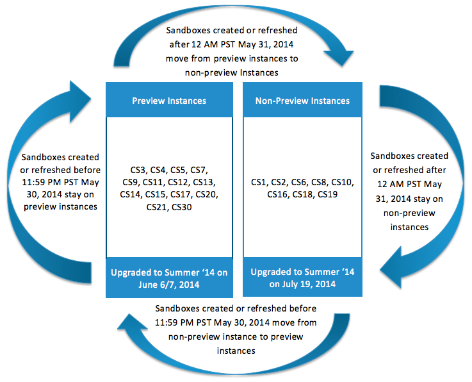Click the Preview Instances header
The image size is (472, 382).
(168, 101)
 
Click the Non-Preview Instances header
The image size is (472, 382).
(302, 101)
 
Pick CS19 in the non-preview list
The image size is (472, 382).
(327, 194)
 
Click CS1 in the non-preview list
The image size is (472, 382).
(259, 182)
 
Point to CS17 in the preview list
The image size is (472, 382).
(181, 194)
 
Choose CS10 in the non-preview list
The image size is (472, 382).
(343, 182)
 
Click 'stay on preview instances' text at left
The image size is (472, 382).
(60, 201)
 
